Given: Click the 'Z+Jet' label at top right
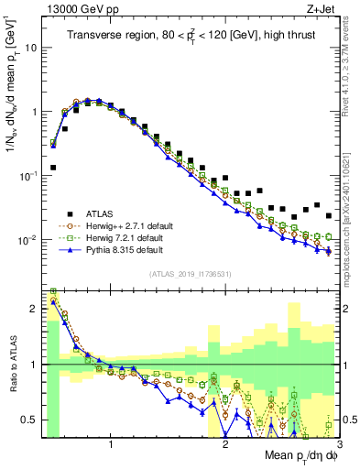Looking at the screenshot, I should click(x=321, y=8).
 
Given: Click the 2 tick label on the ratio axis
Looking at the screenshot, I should click(x=35, y=309).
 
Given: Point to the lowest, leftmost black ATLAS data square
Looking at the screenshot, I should click(x=53, y=168).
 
